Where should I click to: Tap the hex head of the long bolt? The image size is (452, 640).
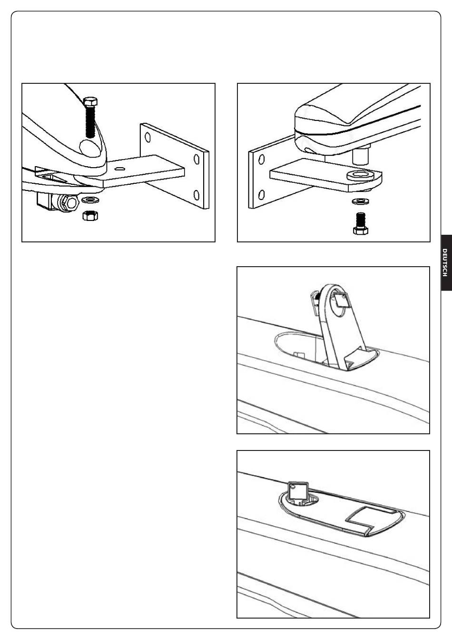point(90,101)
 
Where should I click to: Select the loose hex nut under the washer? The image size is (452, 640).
point(90,215)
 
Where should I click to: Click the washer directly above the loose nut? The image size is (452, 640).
point(90,199)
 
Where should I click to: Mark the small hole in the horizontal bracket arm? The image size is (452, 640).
point(119,169)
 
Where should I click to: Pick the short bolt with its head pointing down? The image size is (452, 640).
point(360,224)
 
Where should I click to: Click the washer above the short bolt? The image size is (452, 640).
point(361,201)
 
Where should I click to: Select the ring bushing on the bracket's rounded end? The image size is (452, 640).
point(361,175)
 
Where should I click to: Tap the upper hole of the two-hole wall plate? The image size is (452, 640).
point(261,159)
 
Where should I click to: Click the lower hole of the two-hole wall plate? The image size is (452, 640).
point(261,195)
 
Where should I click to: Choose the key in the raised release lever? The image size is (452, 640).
point(342,301)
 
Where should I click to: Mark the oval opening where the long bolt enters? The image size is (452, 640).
point(90,148)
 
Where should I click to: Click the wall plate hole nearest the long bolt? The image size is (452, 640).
point(147,138)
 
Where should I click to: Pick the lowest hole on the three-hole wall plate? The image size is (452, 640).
point(197,195)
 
